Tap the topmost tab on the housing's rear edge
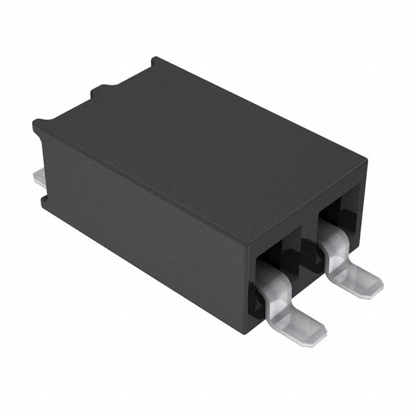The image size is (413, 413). pos(155,65)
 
